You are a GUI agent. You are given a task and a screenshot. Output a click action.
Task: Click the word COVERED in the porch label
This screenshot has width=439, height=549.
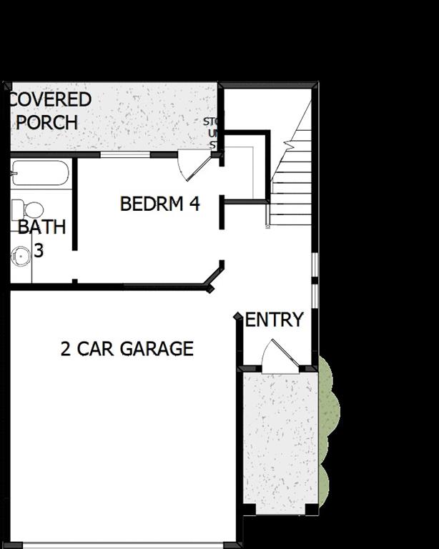click(51, 99)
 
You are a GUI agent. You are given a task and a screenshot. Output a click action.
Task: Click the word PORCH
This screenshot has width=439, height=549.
click(46, 122)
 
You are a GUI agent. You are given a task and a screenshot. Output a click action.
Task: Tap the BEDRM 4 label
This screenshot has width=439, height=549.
click(159, 204)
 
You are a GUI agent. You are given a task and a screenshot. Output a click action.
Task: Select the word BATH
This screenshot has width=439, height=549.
click(41, 227)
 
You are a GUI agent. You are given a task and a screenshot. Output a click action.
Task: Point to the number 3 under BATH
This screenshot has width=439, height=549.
click(39, 251)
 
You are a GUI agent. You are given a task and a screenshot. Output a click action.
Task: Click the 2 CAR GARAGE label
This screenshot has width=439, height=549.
click(127, 349)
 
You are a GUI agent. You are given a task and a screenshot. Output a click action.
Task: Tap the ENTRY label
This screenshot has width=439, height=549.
click(275, 320)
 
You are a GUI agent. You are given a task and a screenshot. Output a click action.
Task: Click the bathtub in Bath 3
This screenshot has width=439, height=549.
click(40, 173)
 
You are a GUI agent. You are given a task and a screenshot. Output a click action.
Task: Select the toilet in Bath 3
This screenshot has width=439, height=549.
click(27, 210)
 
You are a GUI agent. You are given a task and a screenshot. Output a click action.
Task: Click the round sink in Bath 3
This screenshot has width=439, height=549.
click(20, 254)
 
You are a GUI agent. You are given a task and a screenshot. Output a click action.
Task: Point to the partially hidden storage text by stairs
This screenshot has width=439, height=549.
click(212, 133)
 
